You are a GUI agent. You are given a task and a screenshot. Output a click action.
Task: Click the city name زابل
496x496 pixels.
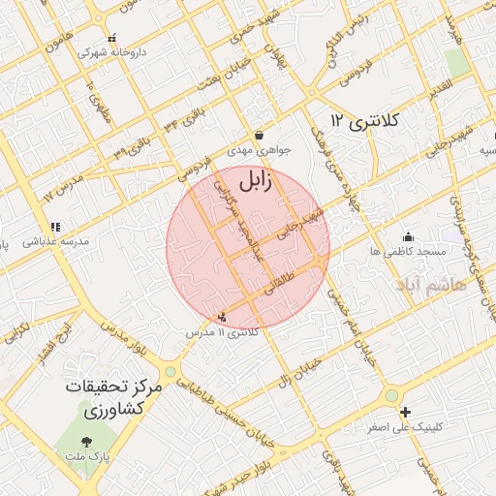(x=256, y=178)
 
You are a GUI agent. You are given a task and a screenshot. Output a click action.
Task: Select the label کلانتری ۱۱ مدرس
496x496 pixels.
(x=224, y=332)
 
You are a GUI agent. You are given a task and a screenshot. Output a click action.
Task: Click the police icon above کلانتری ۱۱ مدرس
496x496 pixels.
(x=224, y=317)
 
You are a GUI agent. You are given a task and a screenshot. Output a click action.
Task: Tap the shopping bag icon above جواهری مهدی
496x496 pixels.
(x=259, y=135)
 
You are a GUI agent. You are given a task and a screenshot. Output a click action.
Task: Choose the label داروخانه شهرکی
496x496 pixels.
(x=107, y=52)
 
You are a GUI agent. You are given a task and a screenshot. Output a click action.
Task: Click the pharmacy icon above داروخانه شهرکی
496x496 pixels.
(x=113, y=38)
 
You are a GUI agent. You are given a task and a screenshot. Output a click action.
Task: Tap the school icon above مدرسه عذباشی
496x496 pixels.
(x=55, y=227)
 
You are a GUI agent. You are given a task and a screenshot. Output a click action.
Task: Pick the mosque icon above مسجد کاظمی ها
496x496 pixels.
(x=408, y=235)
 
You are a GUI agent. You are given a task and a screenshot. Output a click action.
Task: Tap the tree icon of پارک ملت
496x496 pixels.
(x=88, y=442)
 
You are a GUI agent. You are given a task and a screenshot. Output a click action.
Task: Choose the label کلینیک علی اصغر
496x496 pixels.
(x=406, y=427)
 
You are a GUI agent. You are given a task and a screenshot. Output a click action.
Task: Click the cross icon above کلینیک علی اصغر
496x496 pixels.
(x=406, y=412)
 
